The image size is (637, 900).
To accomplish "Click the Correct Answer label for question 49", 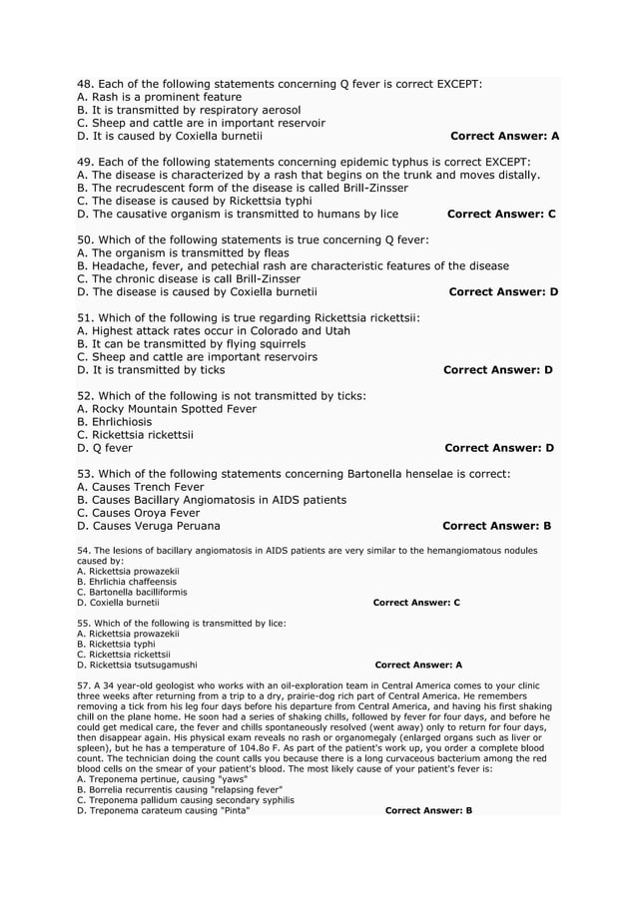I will pyautogui.click(x=501, y=214).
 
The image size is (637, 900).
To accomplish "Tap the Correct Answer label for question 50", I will pyautogui.click(x=503, y=291).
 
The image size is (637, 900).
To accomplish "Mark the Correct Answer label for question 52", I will pyautogui.click(x=498, y=448).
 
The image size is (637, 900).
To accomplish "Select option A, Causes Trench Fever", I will pyautogui.click(x=140, y=486).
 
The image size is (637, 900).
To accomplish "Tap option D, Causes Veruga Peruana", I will pyautogui.click(x=149, y=525).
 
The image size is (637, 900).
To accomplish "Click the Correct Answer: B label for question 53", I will pyautogui.click(x=496, y=525).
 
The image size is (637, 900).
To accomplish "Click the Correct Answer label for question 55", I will pyautogui.click(x=418, y=664).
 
